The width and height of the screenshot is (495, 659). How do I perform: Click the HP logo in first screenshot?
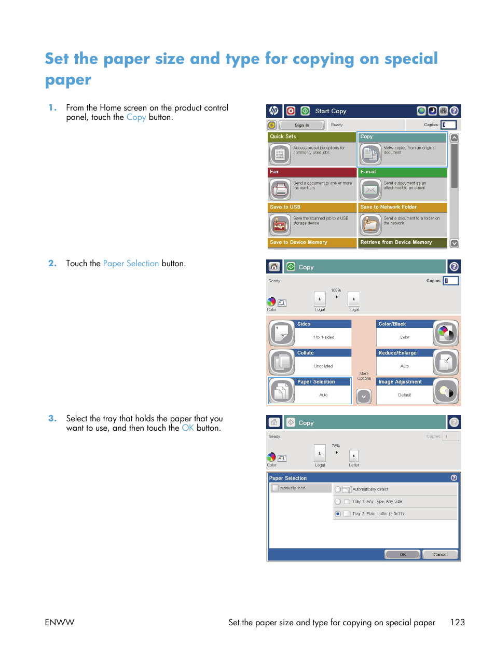tap(274, 111)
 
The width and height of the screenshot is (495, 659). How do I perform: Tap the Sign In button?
tap(301, 125)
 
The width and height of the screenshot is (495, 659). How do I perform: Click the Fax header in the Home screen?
tap(312, 172)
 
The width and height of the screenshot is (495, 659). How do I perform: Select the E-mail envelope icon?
tap(370, 189)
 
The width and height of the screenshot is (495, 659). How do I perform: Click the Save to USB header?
tap(312, 207)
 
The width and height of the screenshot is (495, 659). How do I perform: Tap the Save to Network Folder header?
tap(402, 207)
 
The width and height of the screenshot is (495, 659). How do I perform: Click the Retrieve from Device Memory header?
tap(402, 242)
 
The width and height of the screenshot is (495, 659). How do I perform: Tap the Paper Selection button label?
tap(316, 382)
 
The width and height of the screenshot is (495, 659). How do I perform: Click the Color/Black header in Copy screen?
tap(404, 324)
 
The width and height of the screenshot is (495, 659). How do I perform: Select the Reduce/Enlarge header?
tap(404, 353)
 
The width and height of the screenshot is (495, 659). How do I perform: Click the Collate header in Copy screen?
tap(323, 353)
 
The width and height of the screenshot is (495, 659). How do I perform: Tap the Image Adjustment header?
tap(404, 382)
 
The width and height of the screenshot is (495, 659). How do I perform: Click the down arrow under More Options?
tap(364, 396)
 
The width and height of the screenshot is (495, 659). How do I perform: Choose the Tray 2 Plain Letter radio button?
tap(338, 514)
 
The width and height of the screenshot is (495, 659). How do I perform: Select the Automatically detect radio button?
tap(338, 489)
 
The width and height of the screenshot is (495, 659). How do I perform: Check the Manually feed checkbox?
tap(275, 488)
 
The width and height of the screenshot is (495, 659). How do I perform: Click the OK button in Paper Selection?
tap(403, 554)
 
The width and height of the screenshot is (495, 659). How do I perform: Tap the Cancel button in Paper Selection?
tap(440, 554)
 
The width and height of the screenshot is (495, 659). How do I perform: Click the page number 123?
tap(457, 622)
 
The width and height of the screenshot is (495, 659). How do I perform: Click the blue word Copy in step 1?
tap(136, 117)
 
